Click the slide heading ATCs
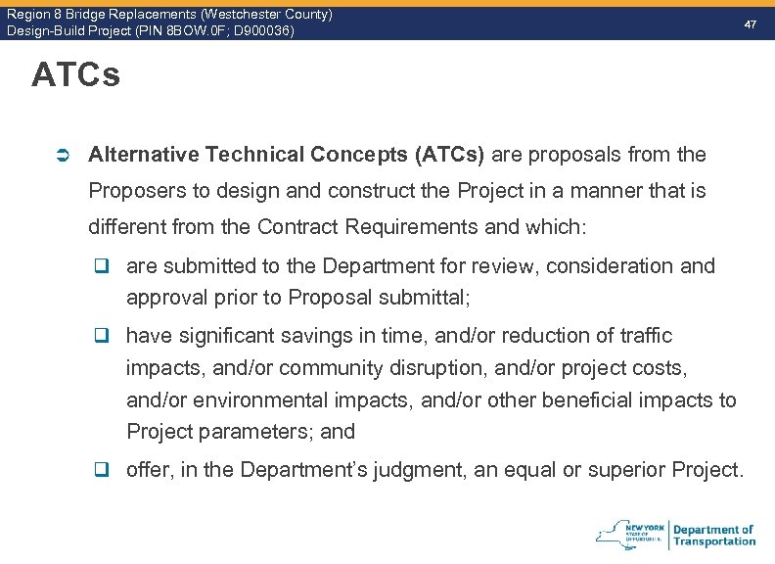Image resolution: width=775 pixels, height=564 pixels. click(75, 75)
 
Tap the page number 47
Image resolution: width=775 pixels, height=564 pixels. click(751, 22)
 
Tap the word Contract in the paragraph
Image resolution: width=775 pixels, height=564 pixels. click(299, 227)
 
